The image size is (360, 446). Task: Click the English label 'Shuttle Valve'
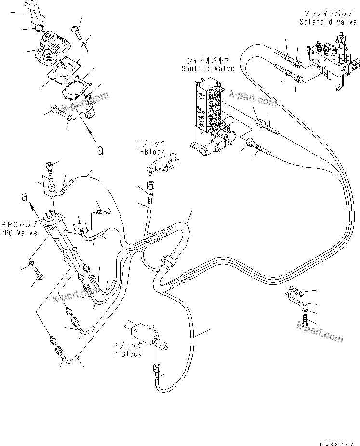208,68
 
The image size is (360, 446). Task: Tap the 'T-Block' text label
151,152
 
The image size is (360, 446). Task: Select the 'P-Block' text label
127,354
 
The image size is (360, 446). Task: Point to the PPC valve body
54,224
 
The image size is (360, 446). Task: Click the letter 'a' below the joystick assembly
100,150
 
